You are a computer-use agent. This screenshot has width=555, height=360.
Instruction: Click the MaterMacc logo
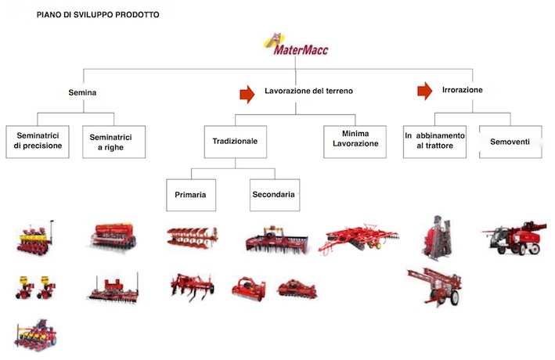tap(296, 45)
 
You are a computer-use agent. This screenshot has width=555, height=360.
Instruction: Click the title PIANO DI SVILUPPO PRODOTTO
tap(98, 15)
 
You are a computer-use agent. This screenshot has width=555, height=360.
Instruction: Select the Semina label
tap(82, 93)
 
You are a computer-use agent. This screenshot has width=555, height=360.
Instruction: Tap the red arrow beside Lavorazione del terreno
tap(247, 94)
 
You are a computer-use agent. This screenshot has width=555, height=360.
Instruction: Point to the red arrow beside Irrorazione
tap(425, 91)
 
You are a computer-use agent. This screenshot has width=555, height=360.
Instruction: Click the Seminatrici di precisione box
tap(38, 142)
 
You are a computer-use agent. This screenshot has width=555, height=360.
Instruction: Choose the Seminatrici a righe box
tap(114, 142)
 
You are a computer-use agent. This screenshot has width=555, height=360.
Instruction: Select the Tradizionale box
tap(236, 142)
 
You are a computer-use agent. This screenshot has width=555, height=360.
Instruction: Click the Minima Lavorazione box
tap(355, 142)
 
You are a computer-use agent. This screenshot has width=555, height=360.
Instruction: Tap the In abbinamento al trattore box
tap(434, 142)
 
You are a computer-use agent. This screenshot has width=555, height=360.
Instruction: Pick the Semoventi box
tap(510, 142)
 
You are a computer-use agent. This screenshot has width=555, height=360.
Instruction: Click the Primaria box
tap(191, 195)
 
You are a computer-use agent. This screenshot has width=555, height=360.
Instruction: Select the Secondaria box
tap(275, 195)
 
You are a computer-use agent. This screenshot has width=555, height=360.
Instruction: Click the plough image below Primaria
tap(193, 237)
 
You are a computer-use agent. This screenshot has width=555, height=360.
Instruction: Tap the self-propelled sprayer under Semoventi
tap(515, 238)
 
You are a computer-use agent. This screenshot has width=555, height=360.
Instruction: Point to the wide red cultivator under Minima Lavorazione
tap(359, 238)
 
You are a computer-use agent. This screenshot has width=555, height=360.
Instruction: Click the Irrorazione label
tap(463, 90)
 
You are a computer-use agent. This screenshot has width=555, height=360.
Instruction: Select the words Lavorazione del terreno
tap(308, 91)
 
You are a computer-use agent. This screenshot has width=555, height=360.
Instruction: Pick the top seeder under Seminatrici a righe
tap(114, 236)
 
